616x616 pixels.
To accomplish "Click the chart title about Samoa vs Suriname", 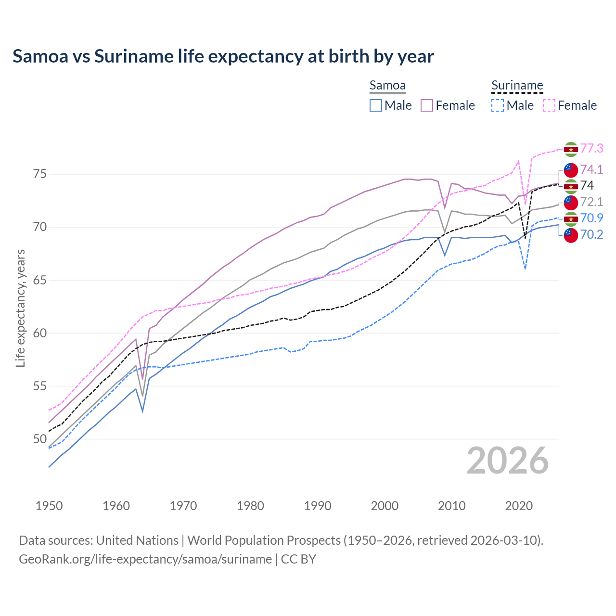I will click(223, 56).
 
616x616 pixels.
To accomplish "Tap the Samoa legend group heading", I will click(387, 86).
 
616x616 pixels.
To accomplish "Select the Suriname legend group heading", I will click(517, 86).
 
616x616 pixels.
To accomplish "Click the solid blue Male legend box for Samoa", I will click(376, 105).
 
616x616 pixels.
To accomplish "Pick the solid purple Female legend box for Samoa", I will click(427, 105).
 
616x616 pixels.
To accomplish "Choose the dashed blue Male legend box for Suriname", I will click(498, 105).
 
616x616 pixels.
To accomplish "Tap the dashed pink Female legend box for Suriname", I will click(549, 105).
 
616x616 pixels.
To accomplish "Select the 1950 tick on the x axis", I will click(49, 506).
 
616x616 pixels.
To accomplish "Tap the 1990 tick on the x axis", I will click(318, 506).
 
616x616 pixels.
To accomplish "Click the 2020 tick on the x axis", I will click(519, 506).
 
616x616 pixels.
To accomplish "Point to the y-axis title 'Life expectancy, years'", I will click(20, 308).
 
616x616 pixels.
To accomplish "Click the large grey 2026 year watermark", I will click(508, 461).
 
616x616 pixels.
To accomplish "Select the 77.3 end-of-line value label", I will click(591, 149).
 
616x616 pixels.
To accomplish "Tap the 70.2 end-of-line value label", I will click(591, 234).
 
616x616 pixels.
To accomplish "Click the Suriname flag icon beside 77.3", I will click(571, 149).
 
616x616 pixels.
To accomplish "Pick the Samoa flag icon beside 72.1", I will click(571, 202).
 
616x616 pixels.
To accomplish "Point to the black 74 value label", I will click(587, 186).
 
